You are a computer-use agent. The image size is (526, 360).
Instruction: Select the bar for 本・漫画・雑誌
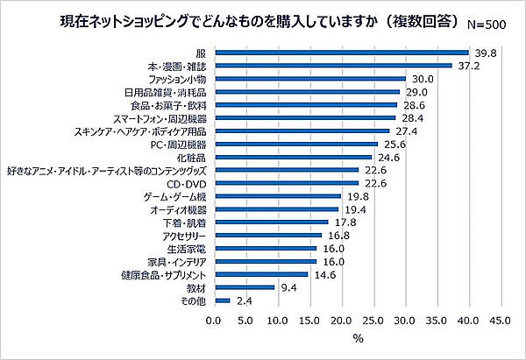pyautogui.click(x=332, y=66)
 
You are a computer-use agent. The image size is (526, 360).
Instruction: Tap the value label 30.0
pyautogui.click(x=424, y=79)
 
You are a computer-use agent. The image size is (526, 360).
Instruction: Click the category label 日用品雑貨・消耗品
pyautogui.click(x=163, y=91)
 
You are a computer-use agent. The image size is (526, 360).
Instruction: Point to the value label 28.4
pyautogui.click(x=413, y=117)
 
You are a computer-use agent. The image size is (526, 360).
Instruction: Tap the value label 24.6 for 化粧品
pyautogui.click(x=389, y=157)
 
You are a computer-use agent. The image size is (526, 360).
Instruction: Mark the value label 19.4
pyautogui.click(x=355, y=209)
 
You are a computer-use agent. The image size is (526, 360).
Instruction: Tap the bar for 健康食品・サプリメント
pyautogui.click(x=259, y=274)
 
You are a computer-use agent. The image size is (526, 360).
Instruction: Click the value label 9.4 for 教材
pyautogui.click(x=288, y=287)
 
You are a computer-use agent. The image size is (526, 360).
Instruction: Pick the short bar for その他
pyautogui.click(x=221, y=300)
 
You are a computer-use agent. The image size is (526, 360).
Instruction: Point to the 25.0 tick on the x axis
pyautogui.click(x=373, y=321)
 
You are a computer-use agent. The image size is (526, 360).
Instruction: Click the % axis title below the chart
pyautogui.click(x=358, y=340)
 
